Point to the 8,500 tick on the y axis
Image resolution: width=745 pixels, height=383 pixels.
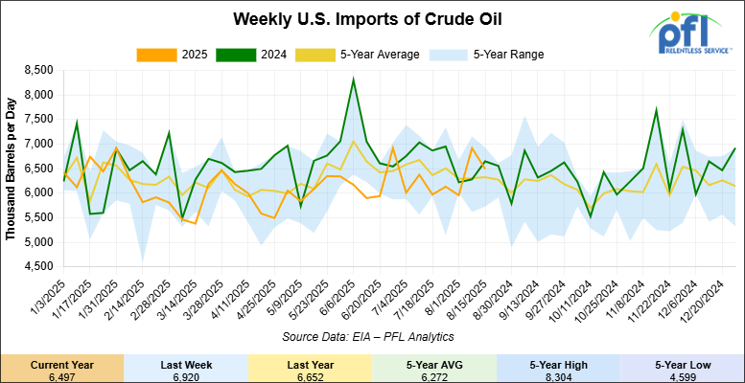coord(36,70)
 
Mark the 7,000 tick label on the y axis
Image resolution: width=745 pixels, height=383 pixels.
coord(36,144)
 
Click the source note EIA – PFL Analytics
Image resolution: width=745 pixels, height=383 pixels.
coord(368,336)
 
